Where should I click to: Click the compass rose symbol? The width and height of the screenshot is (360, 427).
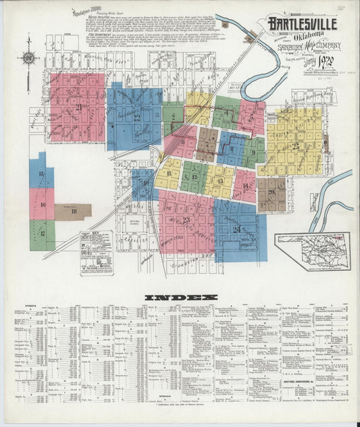pos(28,58)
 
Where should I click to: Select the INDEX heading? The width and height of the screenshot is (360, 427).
pos(180,298)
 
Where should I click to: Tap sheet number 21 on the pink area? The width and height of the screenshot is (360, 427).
pos(79,107)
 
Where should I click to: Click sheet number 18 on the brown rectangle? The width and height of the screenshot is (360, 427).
pos(73,211)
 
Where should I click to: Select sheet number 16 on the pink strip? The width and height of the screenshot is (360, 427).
pos(42,204)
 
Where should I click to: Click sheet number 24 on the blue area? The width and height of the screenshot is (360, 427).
pos(236,229)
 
